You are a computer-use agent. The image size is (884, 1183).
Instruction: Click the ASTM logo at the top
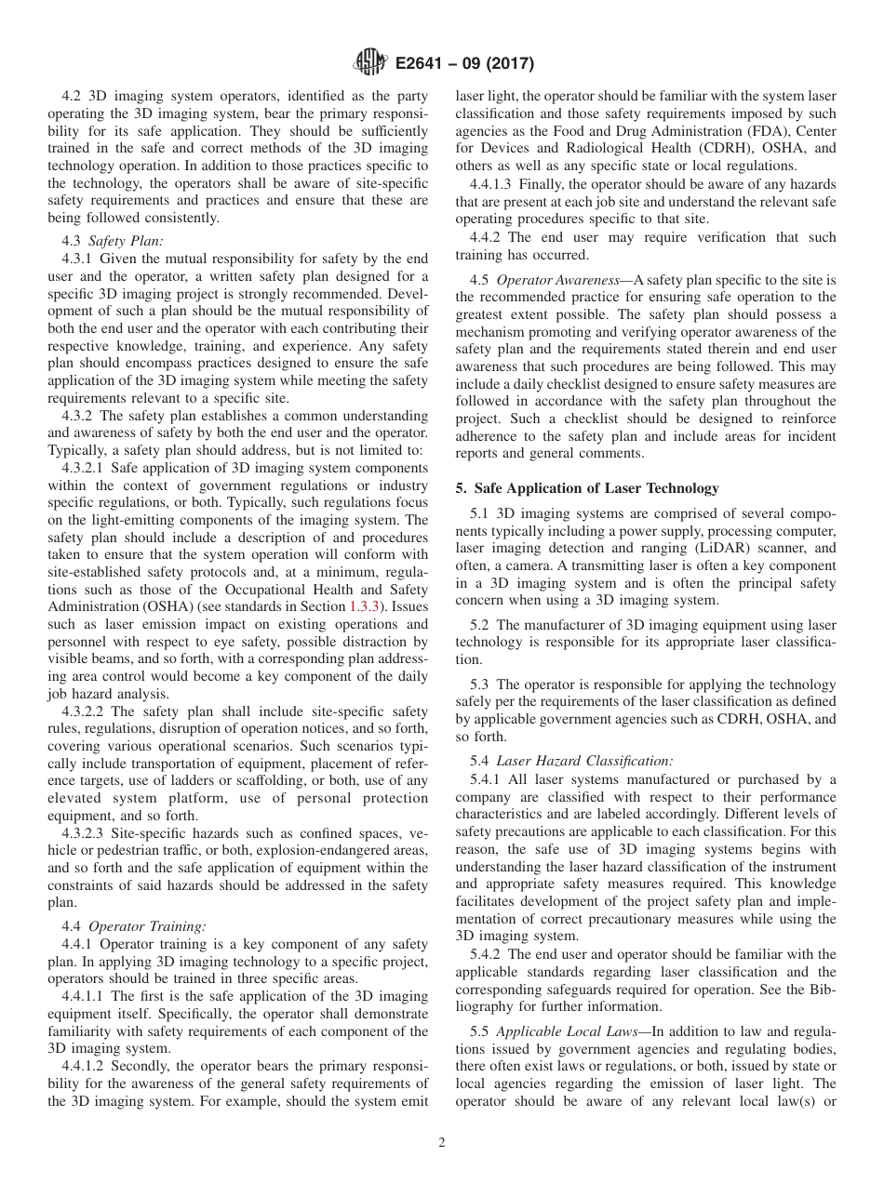coord(369,63)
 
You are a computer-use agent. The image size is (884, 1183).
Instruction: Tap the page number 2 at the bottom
coord(442,1143)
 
